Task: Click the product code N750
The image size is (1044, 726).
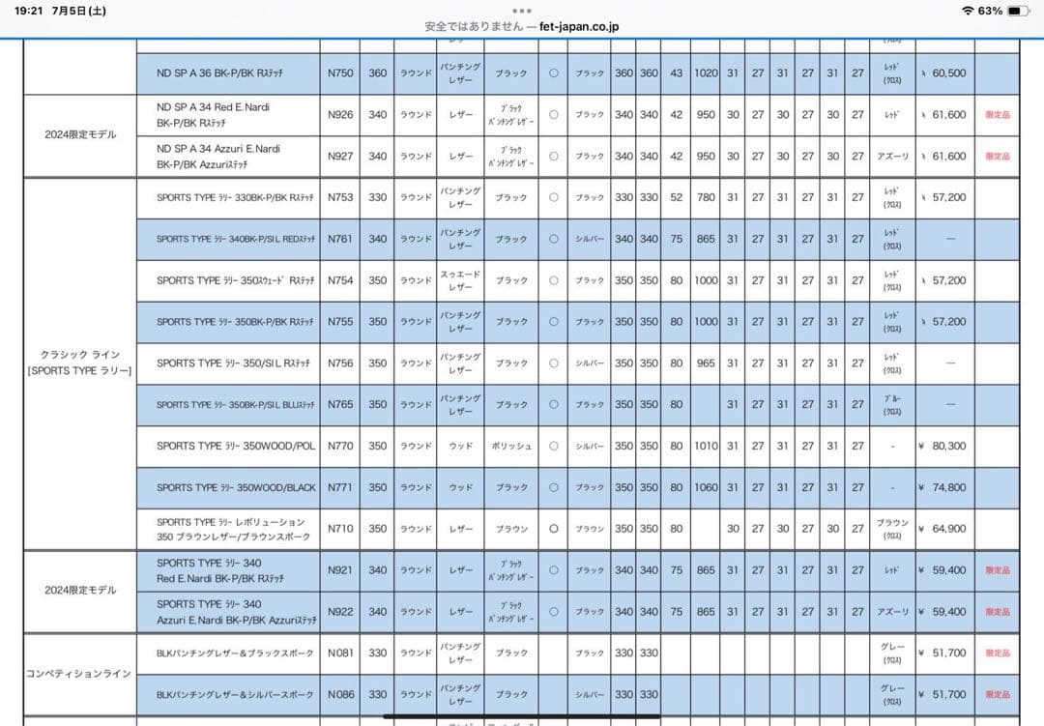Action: pos(340,73)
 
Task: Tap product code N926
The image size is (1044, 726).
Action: pos(340,115)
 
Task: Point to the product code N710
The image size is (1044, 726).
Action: pos(340,529)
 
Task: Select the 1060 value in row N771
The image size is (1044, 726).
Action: pos(707,488)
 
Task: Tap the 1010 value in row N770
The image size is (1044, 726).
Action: pos(707,447)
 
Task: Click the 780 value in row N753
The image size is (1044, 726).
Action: pos(707,197)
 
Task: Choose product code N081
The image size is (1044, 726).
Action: pos(340,653)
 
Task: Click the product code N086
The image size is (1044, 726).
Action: pos(340,694)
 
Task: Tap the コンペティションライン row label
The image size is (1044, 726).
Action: pos(78,674)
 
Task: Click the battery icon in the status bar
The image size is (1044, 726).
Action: pos(1019,11)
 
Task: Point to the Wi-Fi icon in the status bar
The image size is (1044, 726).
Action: pos(968,11)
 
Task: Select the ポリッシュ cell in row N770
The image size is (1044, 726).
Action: pos(511,447)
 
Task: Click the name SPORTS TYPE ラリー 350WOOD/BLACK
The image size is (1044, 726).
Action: pos(236,488)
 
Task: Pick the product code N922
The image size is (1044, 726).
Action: pos(340,612)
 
